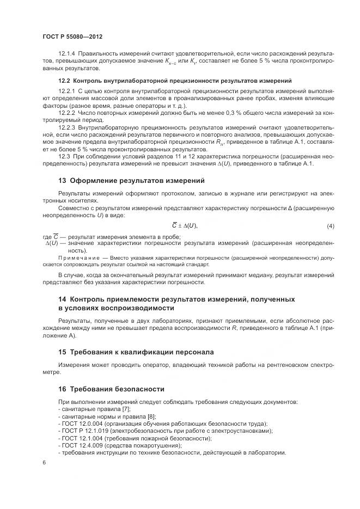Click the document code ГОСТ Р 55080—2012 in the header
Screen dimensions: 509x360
72,36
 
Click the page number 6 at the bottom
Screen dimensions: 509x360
44,463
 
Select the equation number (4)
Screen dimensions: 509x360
330,226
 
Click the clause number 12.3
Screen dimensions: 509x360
65,156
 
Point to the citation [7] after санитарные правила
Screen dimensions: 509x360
126,408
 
